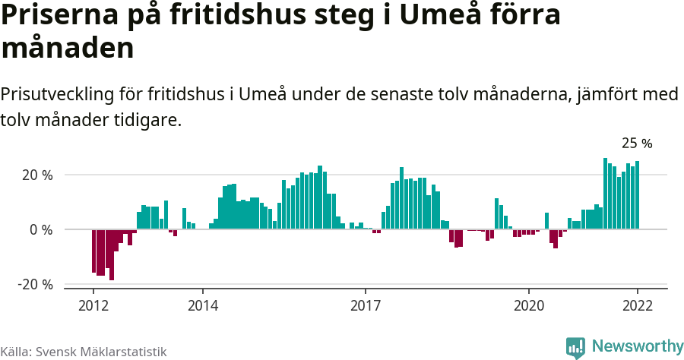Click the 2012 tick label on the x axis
click(93, 306)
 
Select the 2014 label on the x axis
click(202, 306)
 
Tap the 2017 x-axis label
click(366, 306)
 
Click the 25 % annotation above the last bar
click(637, 143)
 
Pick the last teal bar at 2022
click(637, 195)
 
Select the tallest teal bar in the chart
click(605, 194)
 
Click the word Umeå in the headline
click(428, 16)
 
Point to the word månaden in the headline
click(68, 48)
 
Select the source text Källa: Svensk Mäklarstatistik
click(84, 352)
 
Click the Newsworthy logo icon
click(575, 347)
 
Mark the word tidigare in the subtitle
click(152, 120)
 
